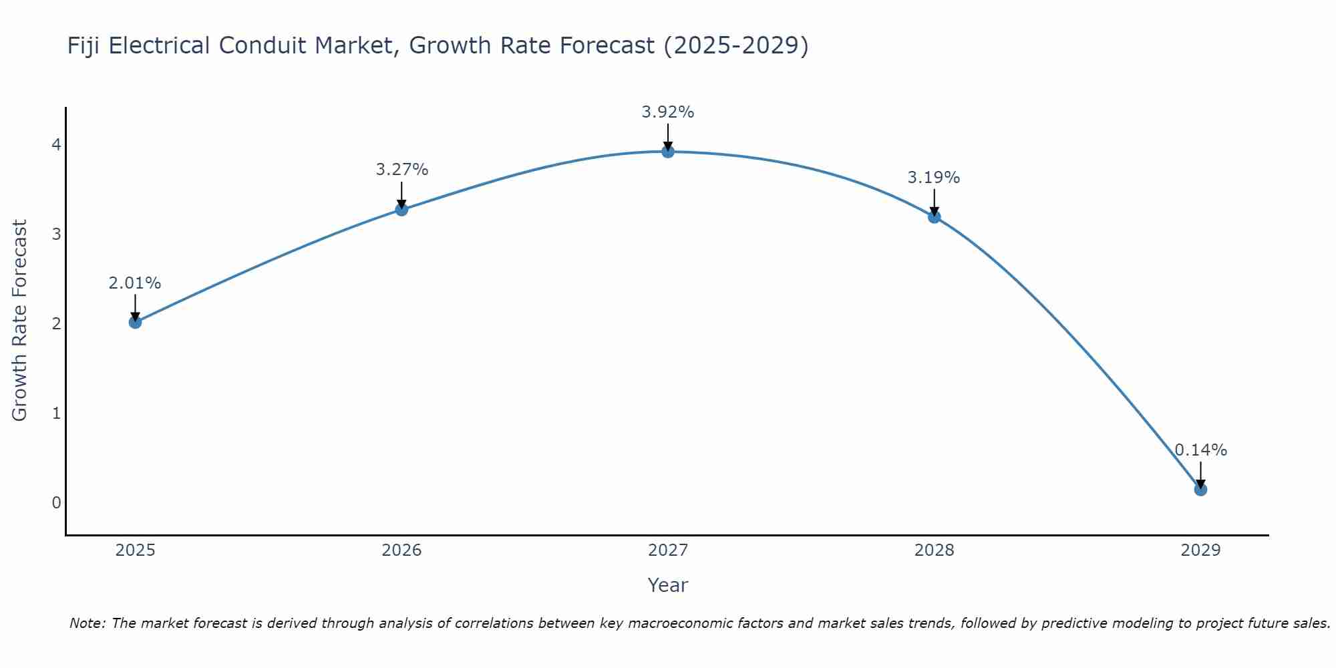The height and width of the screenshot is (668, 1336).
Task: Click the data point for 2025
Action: point(135,322)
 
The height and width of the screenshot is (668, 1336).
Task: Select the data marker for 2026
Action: point(401,210)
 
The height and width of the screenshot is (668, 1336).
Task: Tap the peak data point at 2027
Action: point(668,152)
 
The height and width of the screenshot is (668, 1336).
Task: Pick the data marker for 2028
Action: point(934,216)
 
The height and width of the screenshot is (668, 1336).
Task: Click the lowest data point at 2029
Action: point(1200,490)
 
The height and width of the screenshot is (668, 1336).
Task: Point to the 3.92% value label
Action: point(668,112)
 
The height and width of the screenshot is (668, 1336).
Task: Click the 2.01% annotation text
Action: point(135,283)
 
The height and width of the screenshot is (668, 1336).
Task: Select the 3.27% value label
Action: point(401,170)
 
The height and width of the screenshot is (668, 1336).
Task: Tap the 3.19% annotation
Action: point(934,178)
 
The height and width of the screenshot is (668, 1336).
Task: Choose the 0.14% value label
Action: point(1200,450)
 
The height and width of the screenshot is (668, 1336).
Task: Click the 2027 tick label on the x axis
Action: point(668,550)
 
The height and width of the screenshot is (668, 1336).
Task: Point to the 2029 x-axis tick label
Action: point(1200,550)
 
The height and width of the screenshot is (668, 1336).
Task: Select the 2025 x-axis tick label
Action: point(135,550)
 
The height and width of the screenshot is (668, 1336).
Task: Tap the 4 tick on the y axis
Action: point(56,144)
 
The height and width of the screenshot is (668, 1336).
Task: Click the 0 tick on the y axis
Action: point(56,502)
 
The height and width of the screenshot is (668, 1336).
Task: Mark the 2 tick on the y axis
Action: point(56,323)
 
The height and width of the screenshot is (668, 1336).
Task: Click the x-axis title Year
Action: point(668,585)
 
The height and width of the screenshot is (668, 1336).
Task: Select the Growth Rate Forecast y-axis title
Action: point(20,321)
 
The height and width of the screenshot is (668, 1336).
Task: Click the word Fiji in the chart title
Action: point(84,45)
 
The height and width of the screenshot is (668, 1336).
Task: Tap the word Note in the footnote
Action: point(86,623)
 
